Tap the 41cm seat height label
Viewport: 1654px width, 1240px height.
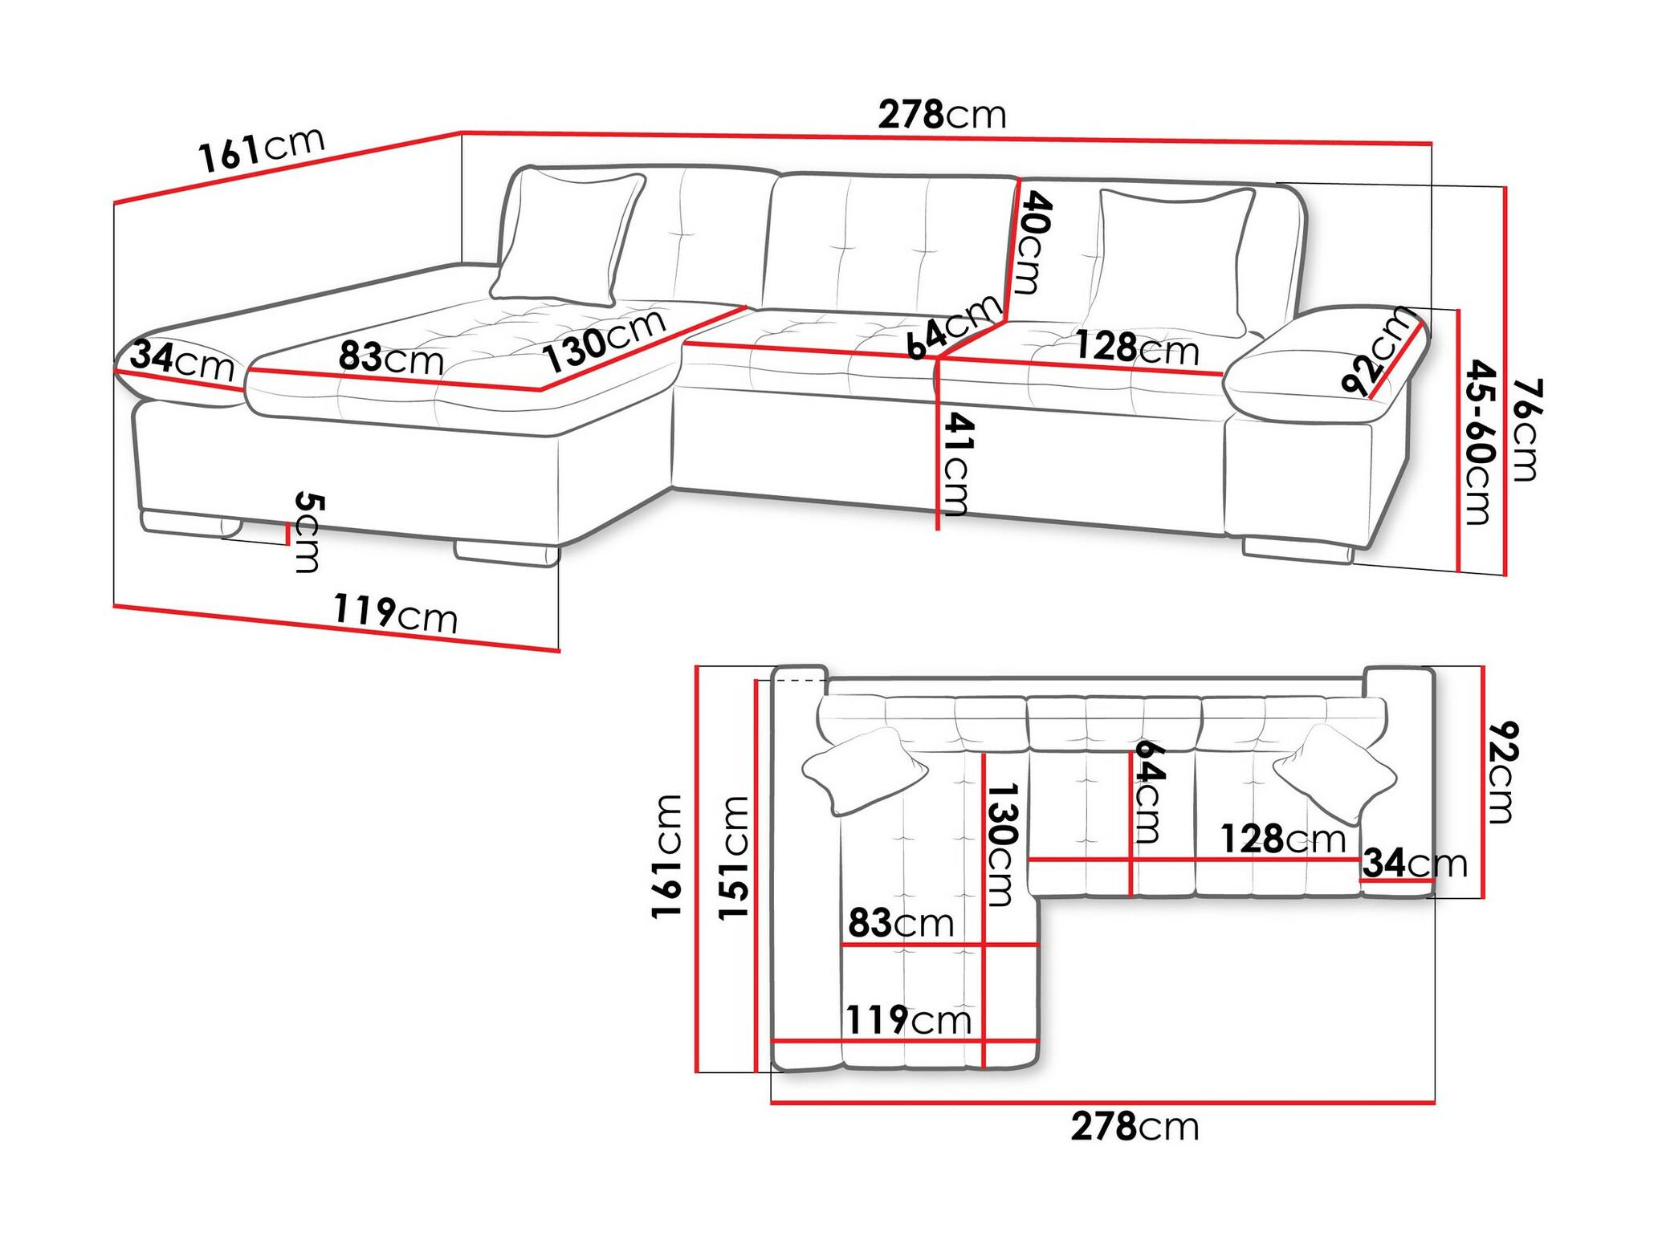click(x=956, y=464)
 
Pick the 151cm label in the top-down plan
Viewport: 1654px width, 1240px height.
click(x=733, y=858)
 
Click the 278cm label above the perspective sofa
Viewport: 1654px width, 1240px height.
click(x=942, y=115)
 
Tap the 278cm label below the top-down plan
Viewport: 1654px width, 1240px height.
click(x=1135, y=1127)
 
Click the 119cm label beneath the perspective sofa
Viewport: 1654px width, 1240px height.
click(x=395, y=613)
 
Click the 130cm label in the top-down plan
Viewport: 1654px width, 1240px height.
click(x=1001, y=845)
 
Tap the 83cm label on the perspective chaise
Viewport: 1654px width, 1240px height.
click(x=391, y=357)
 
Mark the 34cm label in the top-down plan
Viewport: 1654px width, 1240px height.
click(x=1416, y=864)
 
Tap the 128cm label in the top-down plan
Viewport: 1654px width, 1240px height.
click(x=1283, y=840)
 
